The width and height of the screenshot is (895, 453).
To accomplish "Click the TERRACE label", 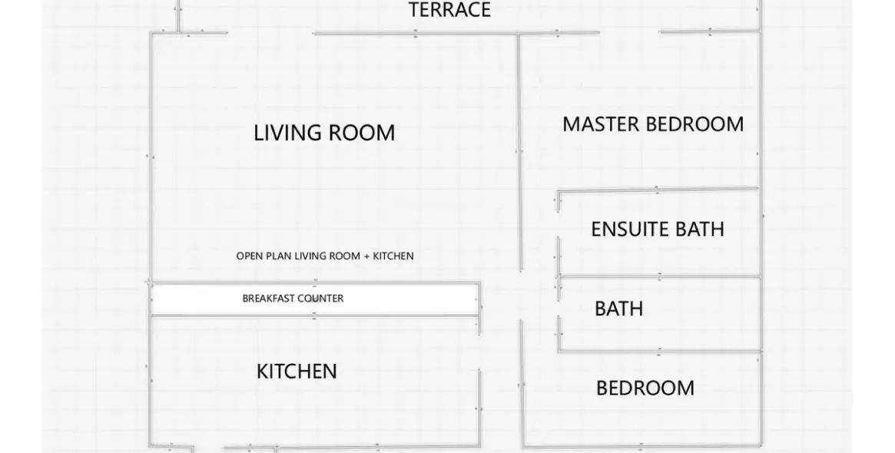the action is coord(449,10).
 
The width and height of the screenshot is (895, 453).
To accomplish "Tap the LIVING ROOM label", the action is coord(324,133).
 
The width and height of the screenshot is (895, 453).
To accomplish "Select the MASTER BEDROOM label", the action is coord(653,124).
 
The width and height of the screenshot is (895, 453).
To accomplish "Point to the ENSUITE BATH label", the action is coord(658,230).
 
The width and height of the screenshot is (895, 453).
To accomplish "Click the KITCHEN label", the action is coord(297,372).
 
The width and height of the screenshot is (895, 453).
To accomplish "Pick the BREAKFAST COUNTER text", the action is coord(293,299).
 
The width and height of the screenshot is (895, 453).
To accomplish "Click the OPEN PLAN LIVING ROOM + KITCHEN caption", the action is coord(325,256).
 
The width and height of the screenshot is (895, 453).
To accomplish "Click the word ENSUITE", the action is coord(631,230).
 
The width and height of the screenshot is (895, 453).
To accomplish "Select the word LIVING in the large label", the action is coord(284,133).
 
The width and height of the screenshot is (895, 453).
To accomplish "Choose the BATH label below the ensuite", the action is coord(618,309).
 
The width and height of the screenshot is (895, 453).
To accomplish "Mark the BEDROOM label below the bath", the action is coord(645,389).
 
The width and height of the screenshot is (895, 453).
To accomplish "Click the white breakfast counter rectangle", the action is coord(314,299).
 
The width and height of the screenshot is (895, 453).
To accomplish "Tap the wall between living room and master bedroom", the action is coord(519,152).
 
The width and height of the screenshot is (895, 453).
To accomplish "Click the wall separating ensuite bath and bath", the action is coord(659,276).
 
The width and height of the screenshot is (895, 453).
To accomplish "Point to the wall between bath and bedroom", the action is coord(659,352).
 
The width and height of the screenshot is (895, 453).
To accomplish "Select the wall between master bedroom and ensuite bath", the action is coord(658,190).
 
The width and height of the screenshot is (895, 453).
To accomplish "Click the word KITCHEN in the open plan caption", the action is coord(393,256).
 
